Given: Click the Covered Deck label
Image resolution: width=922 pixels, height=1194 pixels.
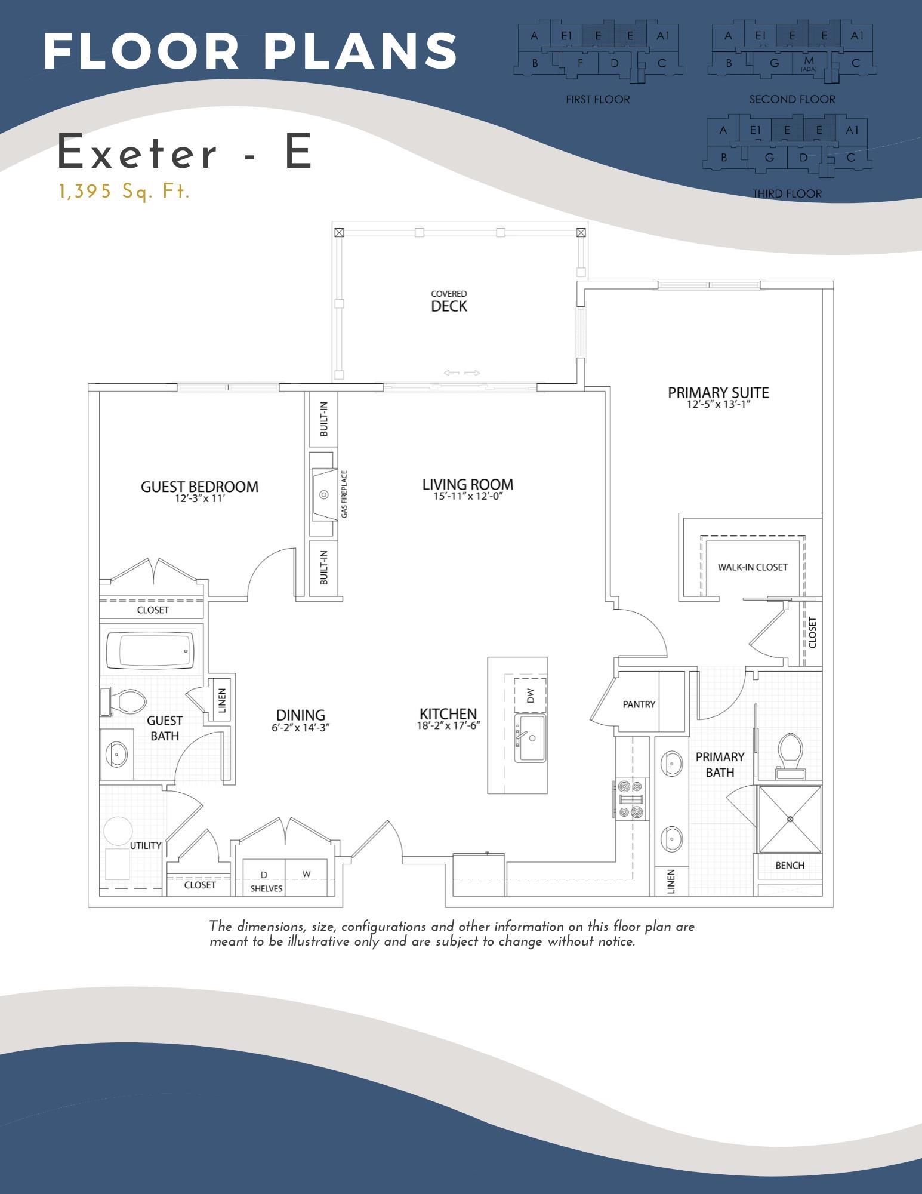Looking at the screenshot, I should pos(449,303).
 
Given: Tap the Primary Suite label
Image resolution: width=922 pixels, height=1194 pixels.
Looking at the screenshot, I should pos(718,393).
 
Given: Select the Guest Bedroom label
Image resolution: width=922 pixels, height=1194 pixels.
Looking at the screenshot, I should pos(199,487).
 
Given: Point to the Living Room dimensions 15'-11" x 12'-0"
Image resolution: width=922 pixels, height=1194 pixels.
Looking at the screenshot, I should pos(467,496).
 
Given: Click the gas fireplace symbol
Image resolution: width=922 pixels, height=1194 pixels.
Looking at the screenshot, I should pos(324,494).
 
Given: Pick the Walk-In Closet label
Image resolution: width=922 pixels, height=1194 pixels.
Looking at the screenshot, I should pos(752,567).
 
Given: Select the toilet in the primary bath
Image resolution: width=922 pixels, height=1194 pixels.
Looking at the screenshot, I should pos(791,755).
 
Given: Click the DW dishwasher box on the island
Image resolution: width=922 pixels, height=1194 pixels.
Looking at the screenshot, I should pos(531,694).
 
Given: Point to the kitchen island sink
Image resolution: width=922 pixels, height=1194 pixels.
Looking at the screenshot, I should pos(530,738).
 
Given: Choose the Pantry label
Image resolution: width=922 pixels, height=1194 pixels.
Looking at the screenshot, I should pos(639,704).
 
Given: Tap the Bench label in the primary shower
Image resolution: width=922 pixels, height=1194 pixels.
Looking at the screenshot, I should pos(790,866).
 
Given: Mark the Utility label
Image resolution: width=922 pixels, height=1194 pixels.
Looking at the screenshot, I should pos(145,845).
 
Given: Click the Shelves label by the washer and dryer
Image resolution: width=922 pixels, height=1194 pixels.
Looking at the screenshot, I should pos(266,888).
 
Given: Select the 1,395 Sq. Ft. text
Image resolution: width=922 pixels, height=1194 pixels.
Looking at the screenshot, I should pos(124,192).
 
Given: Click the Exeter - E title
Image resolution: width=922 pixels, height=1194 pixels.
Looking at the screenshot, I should pos(185,153).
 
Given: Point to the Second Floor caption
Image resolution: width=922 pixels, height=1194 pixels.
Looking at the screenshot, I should pos(792,100).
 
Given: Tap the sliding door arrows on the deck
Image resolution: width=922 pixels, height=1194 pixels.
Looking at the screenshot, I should pos(462,373).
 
